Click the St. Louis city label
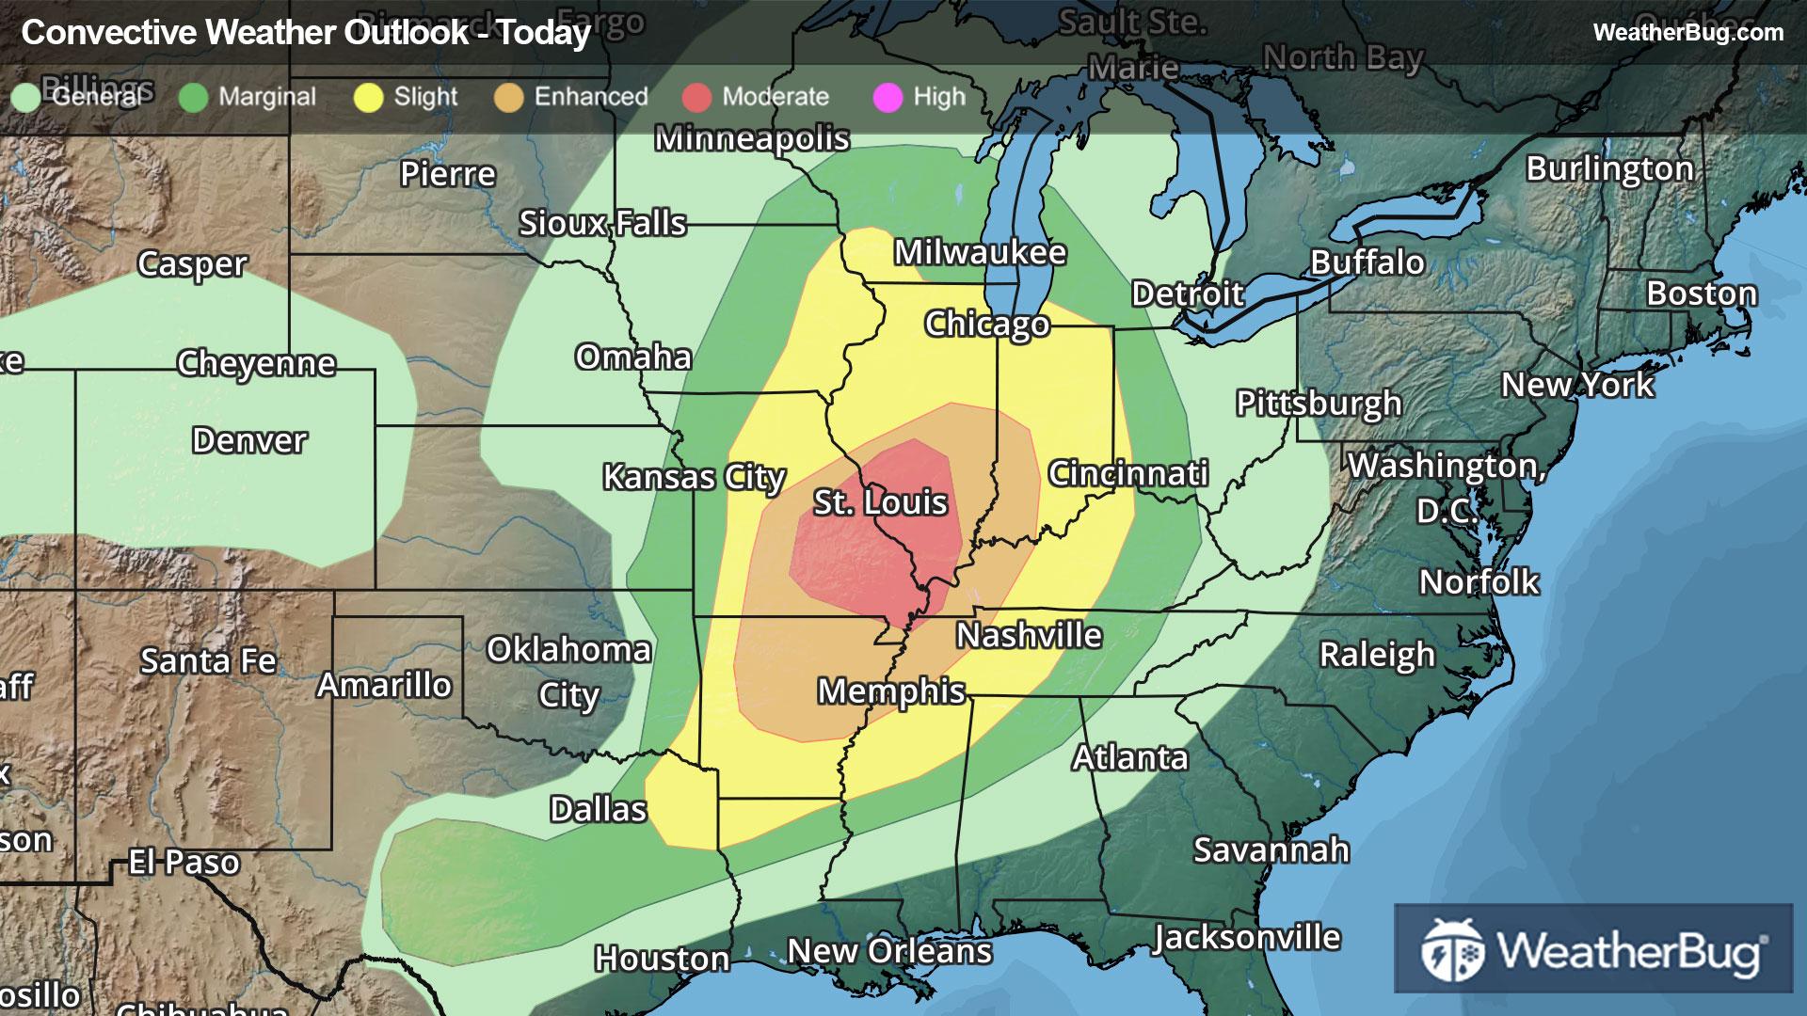pos(880,502)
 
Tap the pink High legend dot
pos(888,97)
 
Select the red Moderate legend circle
pos(696,97)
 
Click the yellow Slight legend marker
pos(368,97)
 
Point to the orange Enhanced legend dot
pos(508,97)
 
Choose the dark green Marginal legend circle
pos(193,97)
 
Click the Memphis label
pos(890,691)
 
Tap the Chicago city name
pos(986,324)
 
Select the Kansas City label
pos(694,477)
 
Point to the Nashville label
pos(1029,636)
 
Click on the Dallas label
pos(598,809)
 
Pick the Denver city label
pos(249,440)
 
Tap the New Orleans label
pos(889,951)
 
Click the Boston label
pos(1701,294)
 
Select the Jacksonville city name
pos(1247,937)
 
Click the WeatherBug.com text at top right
pos(1687,32)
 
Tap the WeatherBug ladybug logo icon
pos(1452,950)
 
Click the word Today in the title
pos(544,33)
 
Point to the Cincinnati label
pos(1127,473)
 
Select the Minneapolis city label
pos(752,138)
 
